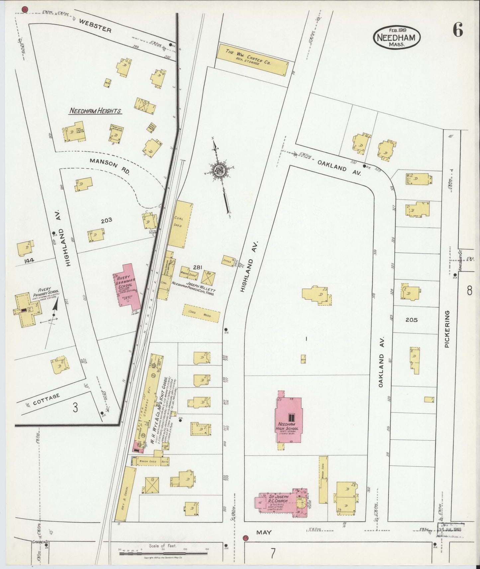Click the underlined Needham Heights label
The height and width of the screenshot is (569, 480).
[95, 111]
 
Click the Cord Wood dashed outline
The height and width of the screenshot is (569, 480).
[201, 313]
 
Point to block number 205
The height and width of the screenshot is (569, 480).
[411, 320]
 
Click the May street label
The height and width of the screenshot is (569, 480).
[264, 532]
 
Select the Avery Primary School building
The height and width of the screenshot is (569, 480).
[27, 308]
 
